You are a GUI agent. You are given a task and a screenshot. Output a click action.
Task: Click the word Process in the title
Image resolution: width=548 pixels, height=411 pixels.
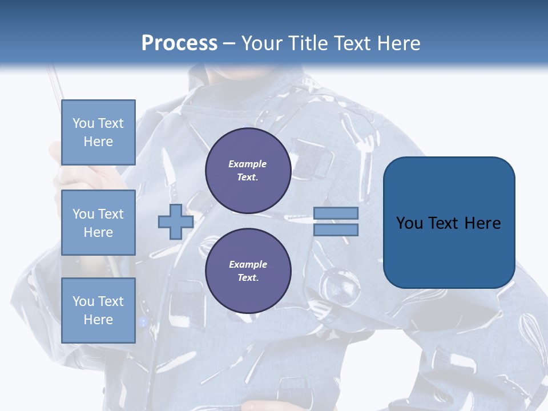pos(179,43)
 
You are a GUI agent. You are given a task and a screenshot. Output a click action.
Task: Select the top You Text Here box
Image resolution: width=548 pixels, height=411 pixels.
pos(98,132)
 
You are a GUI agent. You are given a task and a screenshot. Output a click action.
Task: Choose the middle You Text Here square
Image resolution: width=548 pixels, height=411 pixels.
pos(98,223)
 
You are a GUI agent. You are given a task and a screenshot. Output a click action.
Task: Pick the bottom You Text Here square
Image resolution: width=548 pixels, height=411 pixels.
pos(98,311)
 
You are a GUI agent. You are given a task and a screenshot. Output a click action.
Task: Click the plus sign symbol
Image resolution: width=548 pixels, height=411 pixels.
pos(176,221)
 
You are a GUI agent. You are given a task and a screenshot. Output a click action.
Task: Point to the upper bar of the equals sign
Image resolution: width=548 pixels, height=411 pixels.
pos(336,213)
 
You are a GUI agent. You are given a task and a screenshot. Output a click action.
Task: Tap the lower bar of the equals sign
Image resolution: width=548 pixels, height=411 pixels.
pos(336,229)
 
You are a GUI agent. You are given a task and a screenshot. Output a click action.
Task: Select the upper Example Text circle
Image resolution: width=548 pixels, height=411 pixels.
pos(248,171)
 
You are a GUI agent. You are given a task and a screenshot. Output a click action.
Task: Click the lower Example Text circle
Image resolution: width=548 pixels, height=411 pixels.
pos(248,271)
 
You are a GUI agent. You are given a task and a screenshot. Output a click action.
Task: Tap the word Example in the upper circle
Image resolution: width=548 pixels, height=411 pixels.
pos(248,164)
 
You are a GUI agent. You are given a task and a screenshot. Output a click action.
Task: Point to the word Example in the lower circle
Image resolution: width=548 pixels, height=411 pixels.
pos(248,264)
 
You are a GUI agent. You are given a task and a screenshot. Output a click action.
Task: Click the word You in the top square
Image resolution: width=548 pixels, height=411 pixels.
pos(83,123)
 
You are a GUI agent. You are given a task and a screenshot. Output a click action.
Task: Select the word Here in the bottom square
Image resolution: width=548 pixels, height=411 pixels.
pos(98,320)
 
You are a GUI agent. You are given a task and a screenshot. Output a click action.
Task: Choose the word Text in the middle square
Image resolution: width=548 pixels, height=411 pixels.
pos(111,214)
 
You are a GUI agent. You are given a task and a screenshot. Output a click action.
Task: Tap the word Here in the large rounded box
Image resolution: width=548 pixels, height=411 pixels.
pos(482,223)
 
